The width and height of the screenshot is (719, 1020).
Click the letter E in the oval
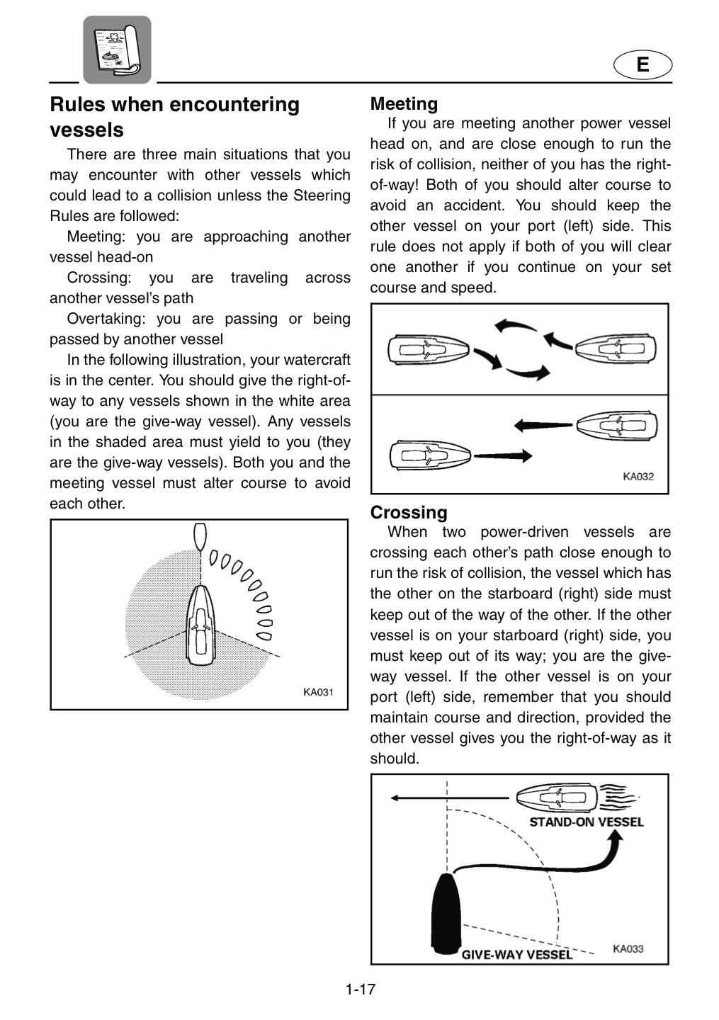642,64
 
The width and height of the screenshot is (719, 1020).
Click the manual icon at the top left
117,50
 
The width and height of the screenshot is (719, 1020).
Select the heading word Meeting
404,104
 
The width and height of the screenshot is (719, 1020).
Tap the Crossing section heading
409,512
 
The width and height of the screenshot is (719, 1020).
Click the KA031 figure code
318,692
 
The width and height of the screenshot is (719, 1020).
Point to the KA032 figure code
638,476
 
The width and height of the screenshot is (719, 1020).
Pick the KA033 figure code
628,948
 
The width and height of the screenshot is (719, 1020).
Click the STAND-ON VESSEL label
587,822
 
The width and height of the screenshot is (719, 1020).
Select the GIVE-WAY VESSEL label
517,954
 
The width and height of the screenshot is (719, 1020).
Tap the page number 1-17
360,989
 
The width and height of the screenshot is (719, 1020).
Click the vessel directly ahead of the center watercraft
200,538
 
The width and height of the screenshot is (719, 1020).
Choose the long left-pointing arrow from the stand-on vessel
450,798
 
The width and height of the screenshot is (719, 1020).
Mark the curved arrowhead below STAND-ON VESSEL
616,838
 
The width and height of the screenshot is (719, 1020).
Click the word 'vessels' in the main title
86,130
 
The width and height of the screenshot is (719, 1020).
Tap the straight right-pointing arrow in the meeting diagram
503,455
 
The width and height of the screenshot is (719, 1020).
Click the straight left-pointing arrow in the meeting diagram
543,425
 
